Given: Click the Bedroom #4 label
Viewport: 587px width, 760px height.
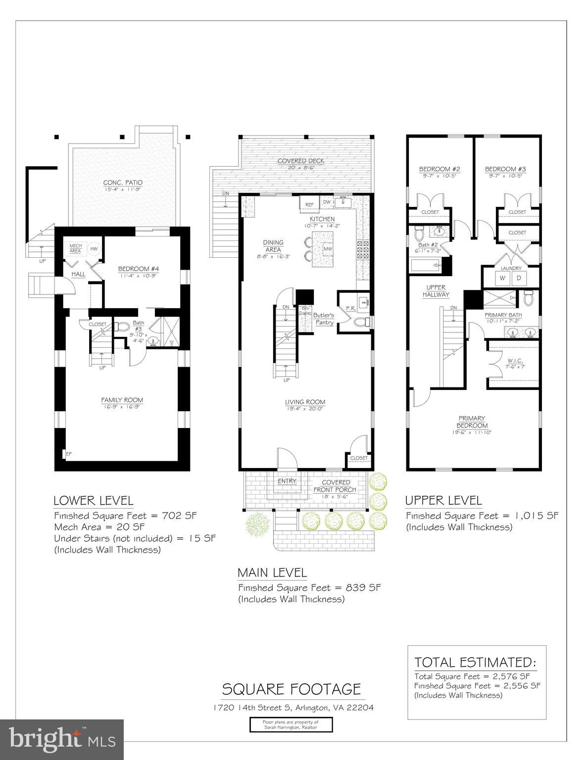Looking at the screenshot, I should [x=138, y=269].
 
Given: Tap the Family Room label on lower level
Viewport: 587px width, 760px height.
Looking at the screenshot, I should [x=122, y=400].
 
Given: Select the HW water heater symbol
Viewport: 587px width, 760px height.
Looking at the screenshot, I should [x=93, y=248].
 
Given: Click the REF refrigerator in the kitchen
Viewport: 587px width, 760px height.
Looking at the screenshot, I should [x=309, y=204].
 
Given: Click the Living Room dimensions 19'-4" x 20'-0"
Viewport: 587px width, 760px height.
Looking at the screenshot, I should [x=304, y=409].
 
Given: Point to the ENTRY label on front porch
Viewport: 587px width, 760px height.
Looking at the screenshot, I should [x=287, y=480].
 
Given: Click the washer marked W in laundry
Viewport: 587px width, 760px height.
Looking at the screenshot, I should [x=502, y=278].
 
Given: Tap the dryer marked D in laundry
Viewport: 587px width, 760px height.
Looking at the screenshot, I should [x=519, y=278].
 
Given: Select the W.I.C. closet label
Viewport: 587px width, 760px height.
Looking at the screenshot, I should [x=515, y=361].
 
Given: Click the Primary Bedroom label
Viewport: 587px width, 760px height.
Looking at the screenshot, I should [x=472, y=422].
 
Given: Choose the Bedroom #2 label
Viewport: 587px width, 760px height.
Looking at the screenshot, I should [x=440, y=169].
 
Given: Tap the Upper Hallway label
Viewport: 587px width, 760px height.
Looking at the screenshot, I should [x=436, y=291].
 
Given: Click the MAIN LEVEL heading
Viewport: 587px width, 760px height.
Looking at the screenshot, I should [x=272, y=572].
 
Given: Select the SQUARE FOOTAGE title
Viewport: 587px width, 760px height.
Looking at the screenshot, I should [x=291, y=689].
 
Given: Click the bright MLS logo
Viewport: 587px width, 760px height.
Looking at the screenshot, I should [x=62, y=739].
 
